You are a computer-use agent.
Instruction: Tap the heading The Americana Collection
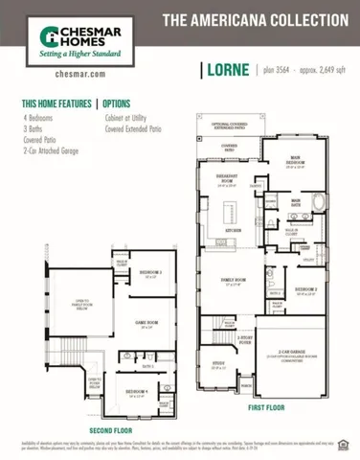[x=255, y=19]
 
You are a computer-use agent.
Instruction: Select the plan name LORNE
[x=228, y=70]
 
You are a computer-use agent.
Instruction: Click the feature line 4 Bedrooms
[x=39, y=117]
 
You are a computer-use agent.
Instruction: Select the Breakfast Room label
[x=228, y=183]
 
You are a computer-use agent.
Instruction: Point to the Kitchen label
[x=232, y=230]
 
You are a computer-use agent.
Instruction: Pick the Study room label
[x=219, y=364]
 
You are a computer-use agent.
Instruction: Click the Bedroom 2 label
[x=306, y=288]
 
